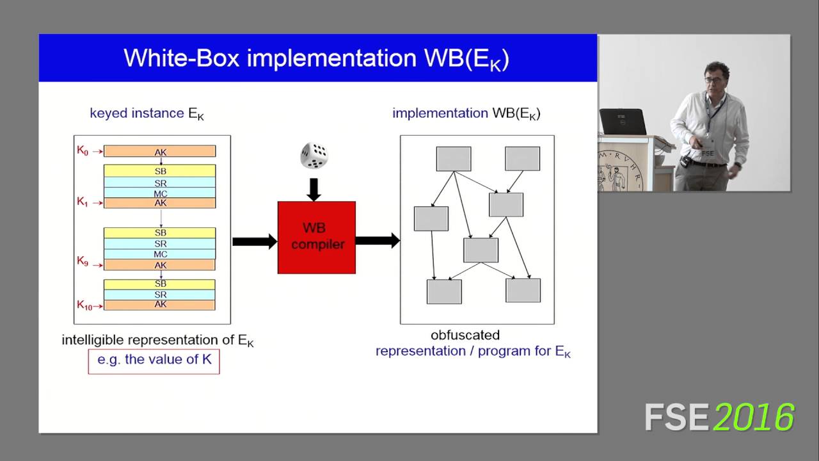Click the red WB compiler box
pos(316,238)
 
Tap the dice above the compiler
pos(314,156)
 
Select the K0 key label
pos(83,150)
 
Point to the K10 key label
pos(85,305)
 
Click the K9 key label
pos(83,261)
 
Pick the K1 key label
pos(83,202)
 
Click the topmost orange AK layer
pos(160,152)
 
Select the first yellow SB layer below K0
pos(160,171)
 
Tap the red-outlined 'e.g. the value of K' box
pos(154,360)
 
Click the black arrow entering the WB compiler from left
pos(254,241)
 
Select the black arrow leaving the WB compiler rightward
pos(378,241)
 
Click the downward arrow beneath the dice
pos(314,189)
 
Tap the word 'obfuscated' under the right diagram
pos(465,335)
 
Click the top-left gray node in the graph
pos(453,159)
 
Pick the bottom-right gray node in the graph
pos(523,290)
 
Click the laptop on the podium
pos(622,122)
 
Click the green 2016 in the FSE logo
pos(754,417)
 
